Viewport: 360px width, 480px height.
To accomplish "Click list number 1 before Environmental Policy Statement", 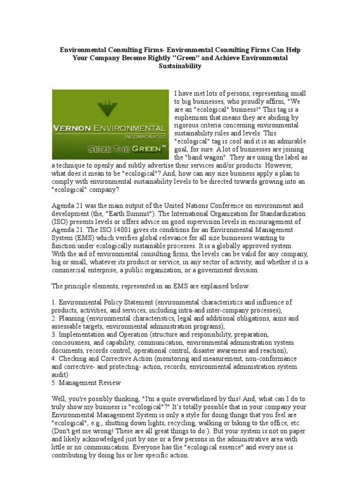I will click(54, 302).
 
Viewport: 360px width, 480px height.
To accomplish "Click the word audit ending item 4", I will click(60, 375).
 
